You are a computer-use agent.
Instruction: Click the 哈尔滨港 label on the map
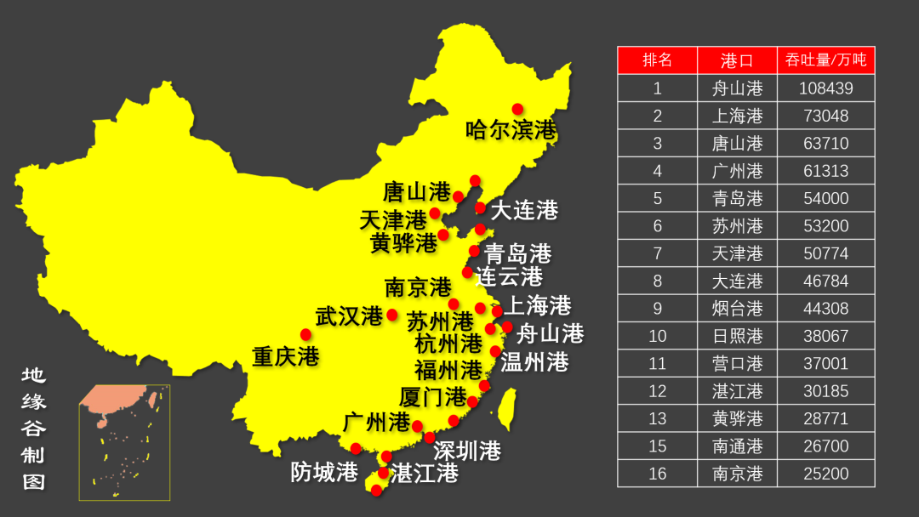[511, 130]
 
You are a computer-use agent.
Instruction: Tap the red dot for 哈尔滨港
[517, 109]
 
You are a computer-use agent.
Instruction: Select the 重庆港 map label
[285, 356]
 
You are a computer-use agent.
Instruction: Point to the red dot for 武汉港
[392, 315]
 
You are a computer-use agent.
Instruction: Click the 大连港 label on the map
[524, 209]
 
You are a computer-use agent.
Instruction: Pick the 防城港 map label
[323, 472]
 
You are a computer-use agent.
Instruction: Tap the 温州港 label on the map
[534, 362]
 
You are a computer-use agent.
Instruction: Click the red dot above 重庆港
[305, 335]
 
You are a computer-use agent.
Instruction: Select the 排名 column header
[657, 60]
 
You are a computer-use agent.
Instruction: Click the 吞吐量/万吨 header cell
[825, 60]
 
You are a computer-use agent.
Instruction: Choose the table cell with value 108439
[825, 88]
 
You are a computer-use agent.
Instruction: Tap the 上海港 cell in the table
[737, 116]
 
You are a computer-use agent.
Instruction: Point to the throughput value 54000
[825, 198]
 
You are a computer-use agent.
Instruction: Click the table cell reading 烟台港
[737, 309]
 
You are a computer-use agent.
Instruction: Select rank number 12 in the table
[657, 391]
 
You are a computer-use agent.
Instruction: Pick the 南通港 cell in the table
[737, 446]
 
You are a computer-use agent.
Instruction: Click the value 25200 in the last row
[825, 474]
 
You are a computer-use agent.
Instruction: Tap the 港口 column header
[737, 60]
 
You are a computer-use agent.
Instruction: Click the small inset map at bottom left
[124, 442]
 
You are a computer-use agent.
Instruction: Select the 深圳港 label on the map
[466, 451]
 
